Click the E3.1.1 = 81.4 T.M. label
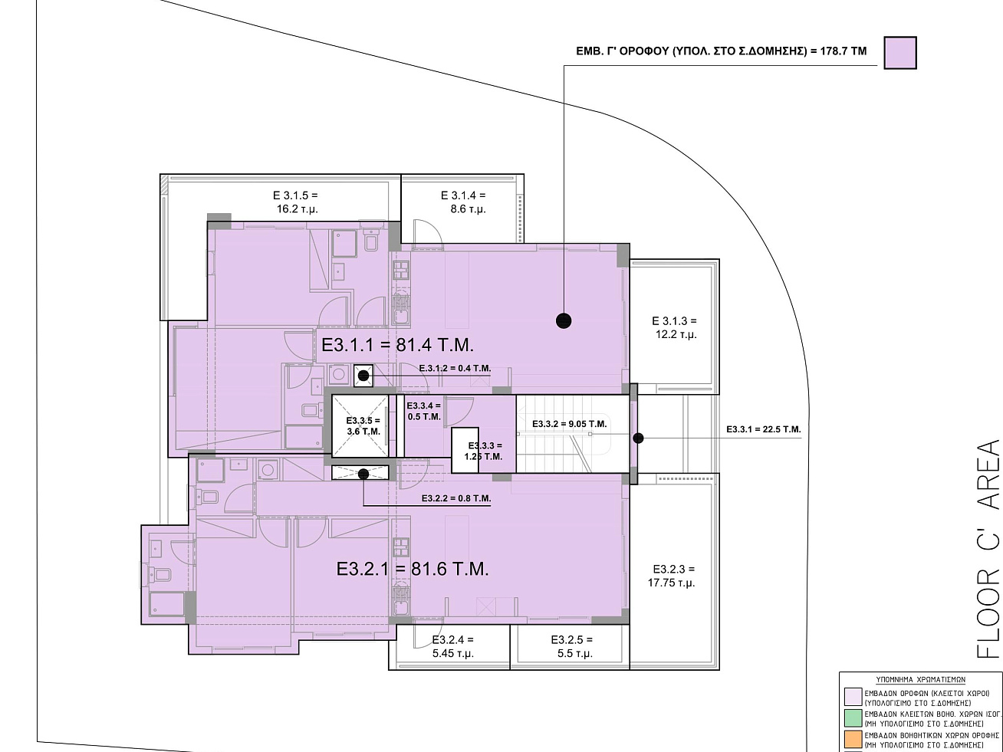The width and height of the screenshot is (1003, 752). (397, 345)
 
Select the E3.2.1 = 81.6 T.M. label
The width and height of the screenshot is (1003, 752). (413, 569)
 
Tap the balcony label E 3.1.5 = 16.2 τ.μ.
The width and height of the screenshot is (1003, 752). (296, 202)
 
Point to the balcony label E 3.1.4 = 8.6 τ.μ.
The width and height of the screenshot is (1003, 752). (463, 202)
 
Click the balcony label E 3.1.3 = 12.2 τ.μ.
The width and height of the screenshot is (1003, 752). (675, 327)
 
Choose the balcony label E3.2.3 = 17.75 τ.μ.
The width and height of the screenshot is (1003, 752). (673, 576)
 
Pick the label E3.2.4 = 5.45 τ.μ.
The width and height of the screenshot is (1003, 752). (453, 646)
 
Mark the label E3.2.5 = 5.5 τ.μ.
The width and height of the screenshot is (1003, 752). (572, 646)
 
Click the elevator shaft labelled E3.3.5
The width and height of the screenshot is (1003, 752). (360, 426)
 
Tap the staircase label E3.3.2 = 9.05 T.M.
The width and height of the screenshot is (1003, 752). (569, 424)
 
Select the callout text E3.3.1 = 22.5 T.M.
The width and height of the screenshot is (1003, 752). (764, 429)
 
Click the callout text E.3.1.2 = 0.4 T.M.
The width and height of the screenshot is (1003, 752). (455, 368)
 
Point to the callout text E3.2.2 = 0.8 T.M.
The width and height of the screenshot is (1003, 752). (456, 498)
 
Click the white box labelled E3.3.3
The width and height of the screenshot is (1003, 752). (465, 450)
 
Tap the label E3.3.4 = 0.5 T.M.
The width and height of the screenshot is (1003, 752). (424, 411)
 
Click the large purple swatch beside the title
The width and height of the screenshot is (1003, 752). (900, 53)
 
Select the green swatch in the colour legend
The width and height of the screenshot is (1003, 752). (853, 718)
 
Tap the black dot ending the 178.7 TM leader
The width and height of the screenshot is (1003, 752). (564, 320)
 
